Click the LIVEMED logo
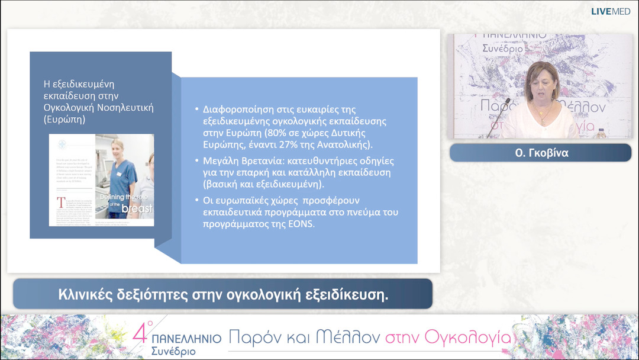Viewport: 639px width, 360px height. coord(611,11)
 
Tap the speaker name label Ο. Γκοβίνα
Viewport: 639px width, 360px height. coord(540,152)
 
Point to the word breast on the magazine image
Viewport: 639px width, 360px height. coord(137,208)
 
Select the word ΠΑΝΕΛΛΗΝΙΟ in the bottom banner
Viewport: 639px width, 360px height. coord(187,338)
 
